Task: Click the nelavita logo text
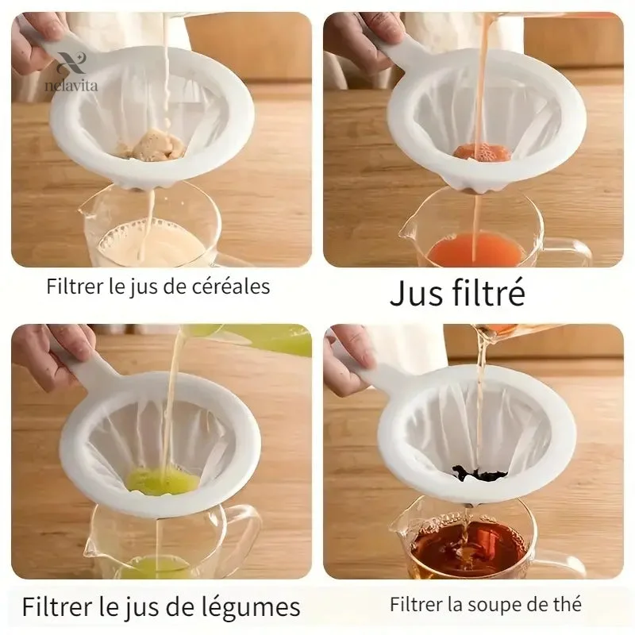(71, 86)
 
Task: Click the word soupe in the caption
(498, 606)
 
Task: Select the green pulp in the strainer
(163, 479)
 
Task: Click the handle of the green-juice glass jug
(243, 534)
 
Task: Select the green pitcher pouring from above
(251, 338)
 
